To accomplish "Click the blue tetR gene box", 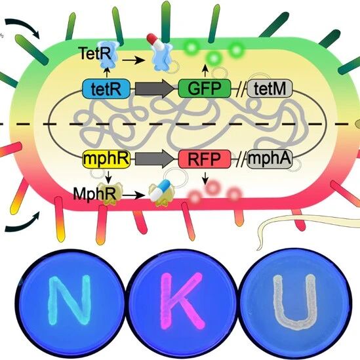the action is click(x=106, y=89).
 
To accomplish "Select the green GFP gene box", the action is click(x=205, y=89).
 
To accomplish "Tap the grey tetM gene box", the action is click(x=270, y=89).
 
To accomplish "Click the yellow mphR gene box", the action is click(x=106, y=159).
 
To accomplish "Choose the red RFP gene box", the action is click(x=205, y=159).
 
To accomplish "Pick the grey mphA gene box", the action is click(x=270, y=159).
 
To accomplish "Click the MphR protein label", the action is click(x=94, y=194).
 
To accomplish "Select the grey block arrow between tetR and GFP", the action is click(x=155, y=89).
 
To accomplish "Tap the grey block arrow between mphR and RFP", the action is click(x=155, y=159).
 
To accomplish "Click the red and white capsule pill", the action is click(x=155, y=41).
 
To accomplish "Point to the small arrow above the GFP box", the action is click(x=205, y=71).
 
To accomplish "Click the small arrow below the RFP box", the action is click(x=205, y=178).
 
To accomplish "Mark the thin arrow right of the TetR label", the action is click(x=134, y=60).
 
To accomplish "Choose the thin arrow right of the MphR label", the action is click(x=134, y=195).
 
